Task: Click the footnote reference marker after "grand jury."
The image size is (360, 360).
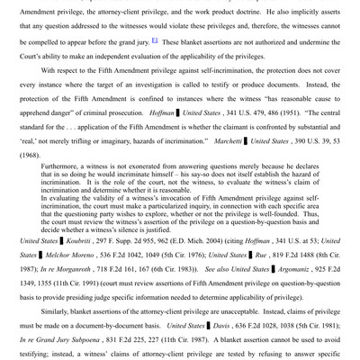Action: click(157, 41)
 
